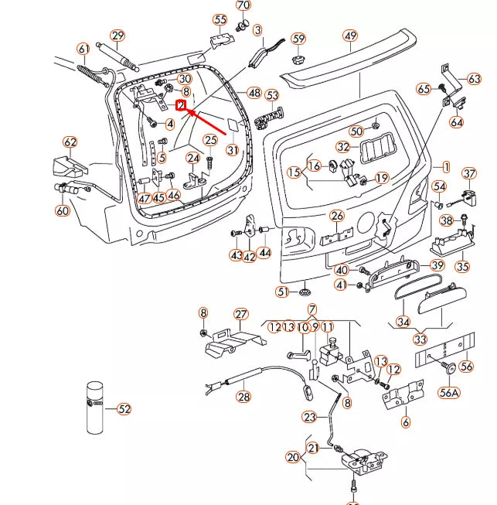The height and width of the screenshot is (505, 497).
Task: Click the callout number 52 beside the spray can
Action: (x=124, y=408)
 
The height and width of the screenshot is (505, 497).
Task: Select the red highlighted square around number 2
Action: (x=182, y=105)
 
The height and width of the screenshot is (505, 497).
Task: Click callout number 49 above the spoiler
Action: (x=350, y=36)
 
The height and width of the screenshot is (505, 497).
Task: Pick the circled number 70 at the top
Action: (x=243, y=6)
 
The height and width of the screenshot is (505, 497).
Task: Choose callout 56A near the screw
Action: (x=449, y=392)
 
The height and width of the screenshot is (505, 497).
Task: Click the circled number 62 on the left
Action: (x=70, y=142)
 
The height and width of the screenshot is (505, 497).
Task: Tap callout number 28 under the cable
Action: (x=243, y=396)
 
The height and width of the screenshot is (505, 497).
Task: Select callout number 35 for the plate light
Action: (x=462, y=267)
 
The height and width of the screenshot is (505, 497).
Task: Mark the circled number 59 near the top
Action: (x=298, y=39)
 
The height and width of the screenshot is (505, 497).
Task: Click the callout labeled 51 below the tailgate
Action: (x=284, y=292)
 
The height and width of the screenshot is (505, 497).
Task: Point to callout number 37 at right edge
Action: (x=470, y=173)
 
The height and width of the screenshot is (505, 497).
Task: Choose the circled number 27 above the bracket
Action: (x=241, y=314)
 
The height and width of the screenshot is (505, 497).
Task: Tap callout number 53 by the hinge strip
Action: (x=271, y=96)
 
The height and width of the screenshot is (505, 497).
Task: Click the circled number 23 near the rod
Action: (x=309, y=417)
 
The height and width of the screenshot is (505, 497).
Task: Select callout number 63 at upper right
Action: (x=474, y=79)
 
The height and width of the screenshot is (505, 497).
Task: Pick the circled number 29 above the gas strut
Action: (x=117, y=36)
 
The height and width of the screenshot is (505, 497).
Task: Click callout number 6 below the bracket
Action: (x=406, y=422)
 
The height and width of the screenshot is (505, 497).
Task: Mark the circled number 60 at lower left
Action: (x=63, y=210)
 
